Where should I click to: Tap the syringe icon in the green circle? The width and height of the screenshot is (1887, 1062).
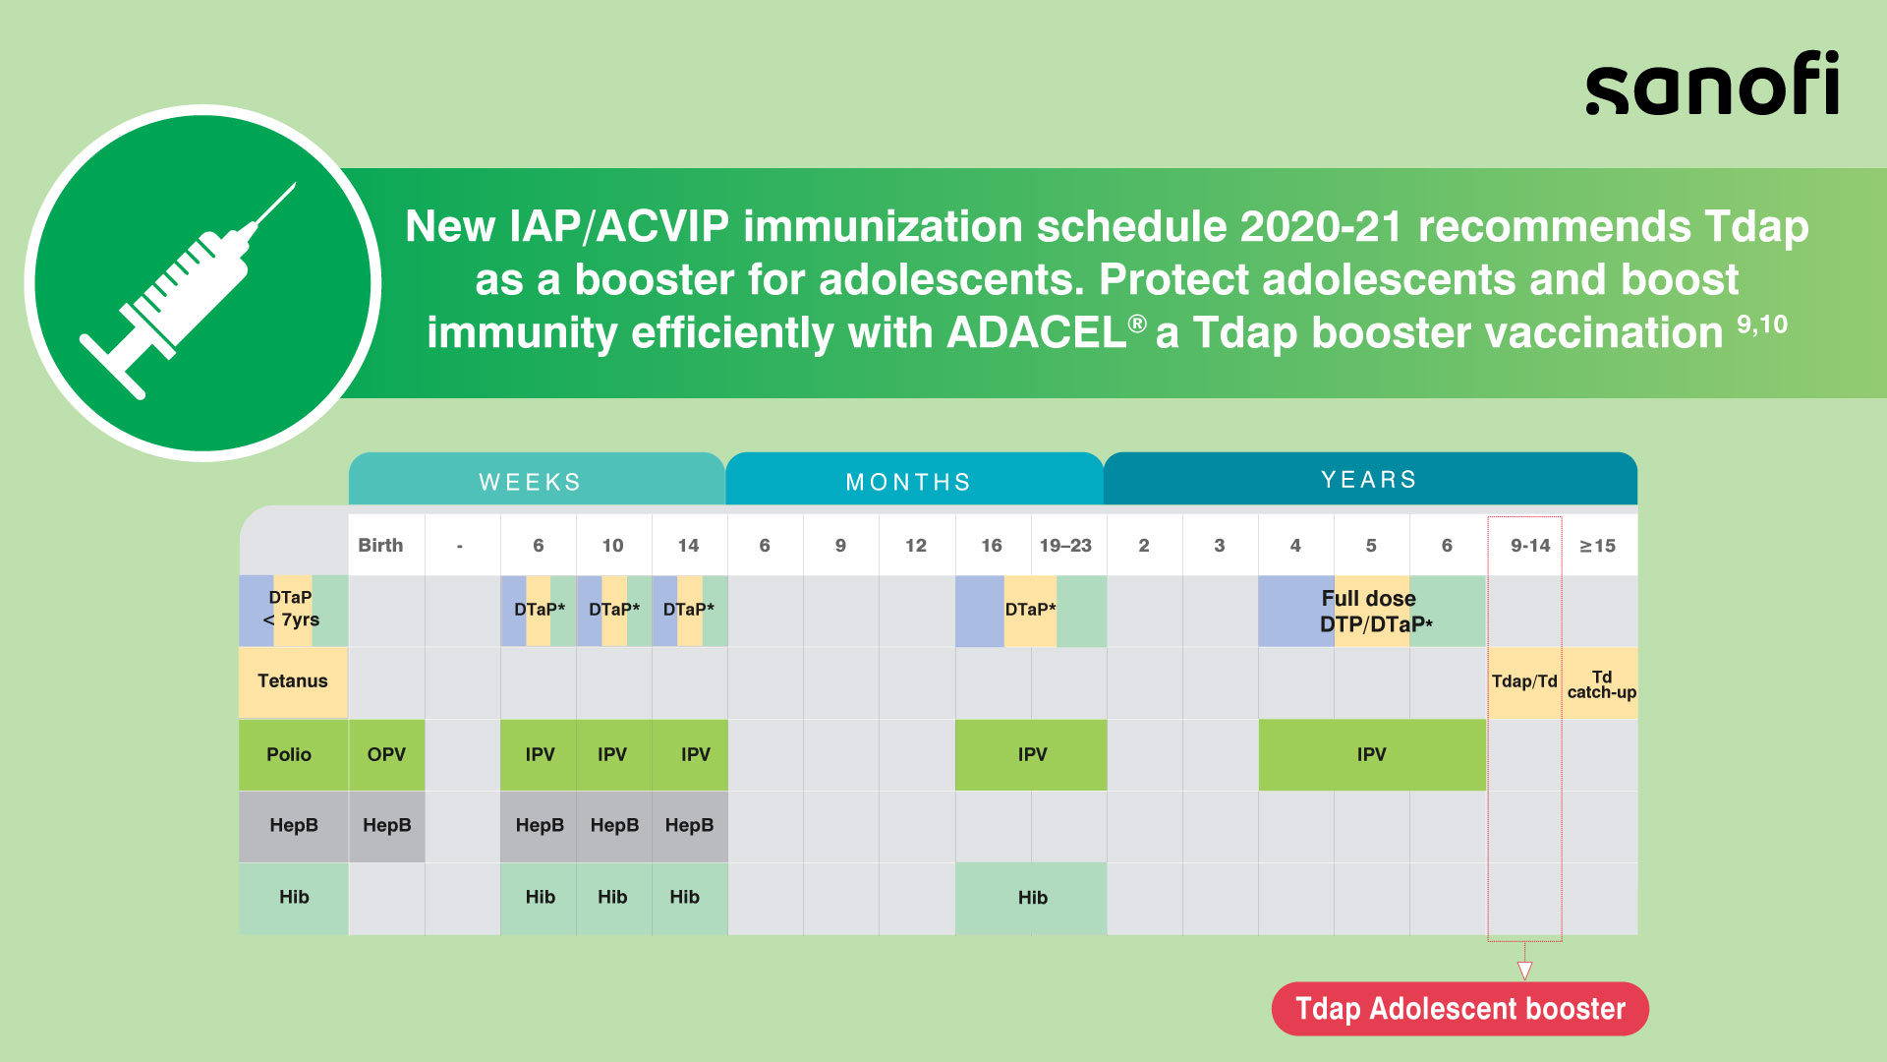188,291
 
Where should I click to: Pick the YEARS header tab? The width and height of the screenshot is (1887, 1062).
1370,479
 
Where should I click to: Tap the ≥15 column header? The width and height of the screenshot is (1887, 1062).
1600,545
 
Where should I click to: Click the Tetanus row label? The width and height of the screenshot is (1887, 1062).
293,681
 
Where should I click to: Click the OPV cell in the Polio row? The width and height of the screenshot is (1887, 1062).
386,754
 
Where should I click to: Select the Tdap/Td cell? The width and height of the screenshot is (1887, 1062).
1524,681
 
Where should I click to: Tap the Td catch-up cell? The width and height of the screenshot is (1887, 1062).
1600,683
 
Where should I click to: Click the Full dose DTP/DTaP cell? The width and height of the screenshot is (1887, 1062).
1372,611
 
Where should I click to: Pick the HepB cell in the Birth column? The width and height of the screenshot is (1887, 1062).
386,826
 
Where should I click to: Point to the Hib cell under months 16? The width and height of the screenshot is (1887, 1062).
1031,898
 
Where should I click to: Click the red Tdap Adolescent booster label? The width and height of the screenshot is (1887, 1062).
1459,1008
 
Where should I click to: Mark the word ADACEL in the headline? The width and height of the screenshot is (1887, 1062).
1037,332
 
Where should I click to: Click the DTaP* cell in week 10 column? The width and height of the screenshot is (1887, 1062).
613,611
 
